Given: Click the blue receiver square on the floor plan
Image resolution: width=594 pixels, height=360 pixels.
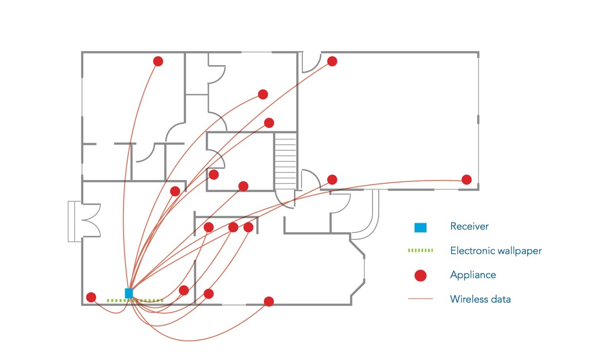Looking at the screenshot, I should [x=129, y=293].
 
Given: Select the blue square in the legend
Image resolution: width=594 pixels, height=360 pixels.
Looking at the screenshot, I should [x=420, y=227].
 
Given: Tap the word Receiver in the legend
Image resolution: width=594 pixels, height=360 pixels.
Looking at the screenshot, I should [x=469, y=226].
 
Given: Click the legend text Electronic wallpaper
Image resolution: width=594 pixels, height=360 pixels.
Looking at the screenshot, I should [x=496, y=251].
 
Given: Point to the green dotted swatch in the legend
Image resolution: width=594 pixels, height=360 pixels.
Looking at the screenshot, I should [x=420, y=251].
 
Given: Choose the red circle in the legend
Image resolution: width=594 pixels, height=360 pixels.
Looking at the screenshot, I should [x=420, y=275].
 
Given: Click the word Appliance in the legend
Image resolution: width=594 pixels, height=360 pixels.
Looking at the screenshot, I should [x=473, y=275].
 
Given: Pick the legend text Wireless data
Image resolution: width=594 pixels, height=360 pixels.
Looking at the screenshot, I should [x=480, y=299].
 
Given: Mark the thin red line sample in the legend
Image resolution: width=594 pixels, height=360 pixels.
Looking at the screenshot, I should [x=420, y=299].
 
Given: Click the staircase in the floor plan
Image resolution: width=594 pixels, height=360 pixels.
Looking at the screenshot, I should [x=285, y=161].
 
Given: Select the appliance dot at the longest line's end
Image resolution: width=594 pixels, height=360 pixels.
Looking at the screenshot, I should [x=466, y=180].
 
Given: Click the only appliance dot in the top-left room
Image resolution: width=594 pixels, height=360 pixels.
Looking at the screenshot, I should [x=158, y=61].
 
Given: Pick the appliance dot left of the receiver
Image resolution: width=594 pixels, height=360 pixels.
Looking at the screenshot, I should [x=91, y=297].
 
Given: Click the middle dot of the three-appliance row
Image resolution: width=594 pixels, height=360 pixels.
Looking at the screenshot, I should [x=233, y=227].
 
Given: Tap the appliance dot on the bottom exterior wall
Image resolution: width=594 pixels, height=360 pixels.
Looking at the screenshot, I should [x=269, y=302].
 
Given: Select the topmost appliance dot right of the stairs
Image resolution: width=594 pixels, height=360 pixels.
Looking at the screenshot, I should [x=332, y=61].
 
